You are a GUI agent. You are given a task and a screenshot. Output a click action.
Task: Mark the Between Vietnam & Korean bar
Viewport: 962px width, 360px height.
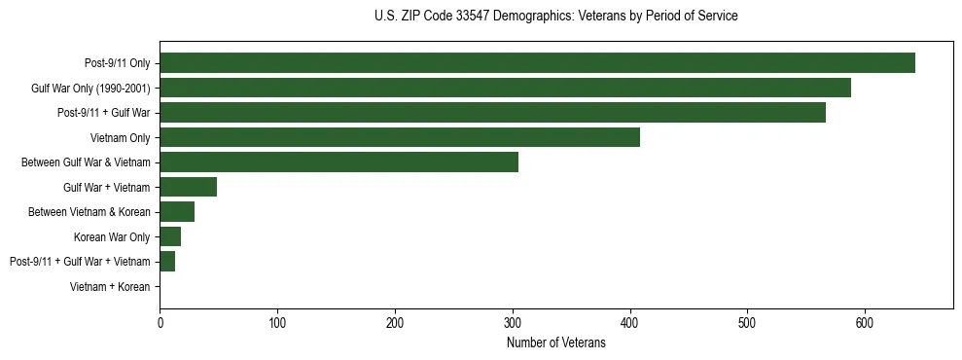tap(177, 212)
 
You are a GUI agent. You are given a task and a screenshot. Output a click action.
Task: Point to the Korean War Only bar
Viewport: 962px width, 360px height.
tap(170, 236)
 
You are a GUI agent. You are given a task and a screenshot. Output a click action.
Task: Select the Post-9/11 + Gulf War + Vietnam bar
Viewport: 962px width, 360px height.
tap(167, 262)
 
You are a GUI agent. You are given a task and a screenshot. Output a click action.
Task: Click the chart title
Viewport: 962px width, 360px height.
tap(555, 17)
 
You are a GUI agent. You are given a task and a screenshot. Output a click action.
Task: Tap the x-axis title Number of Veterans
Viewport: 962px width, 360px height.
tap(555, 343)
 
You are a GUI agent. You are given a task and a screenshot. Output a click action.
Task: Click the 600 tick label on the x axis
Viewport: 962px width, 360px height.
tap(865, 324)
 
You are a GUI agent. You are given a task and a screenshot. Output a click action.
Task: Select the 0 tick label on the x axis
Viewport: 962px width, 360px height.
tap(160, 324)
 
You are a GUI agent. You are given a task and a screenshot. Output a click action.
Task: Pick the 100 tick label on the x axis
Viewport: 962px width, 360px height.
tap(277, 324)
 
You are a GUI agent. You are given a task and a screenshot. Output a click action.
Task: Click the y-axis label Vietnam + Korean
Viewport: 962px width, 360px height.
tap(110, 287)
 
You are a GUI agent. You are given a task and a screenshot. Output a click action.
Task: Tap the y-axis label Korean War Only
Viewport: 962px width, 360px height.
tap(112, 237)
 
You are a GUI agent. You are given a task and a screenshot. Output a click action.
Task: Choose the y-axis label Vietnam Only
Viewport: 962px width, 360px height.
tap(120, 138)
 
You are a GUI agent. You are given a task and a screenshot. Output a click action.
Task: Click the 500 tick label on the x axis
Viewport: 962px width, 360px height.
tap(747, 324)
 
